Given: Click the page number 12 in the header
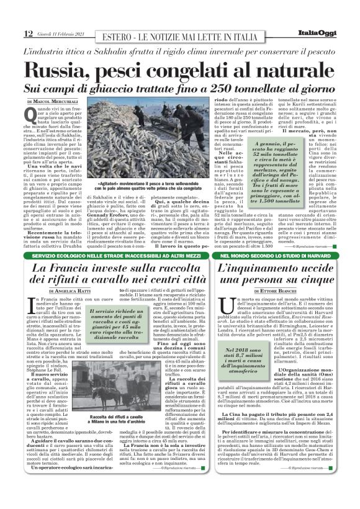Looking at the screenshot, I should click(28, 33).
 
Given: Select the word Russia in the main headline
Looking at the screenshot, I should click(63, 69).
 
